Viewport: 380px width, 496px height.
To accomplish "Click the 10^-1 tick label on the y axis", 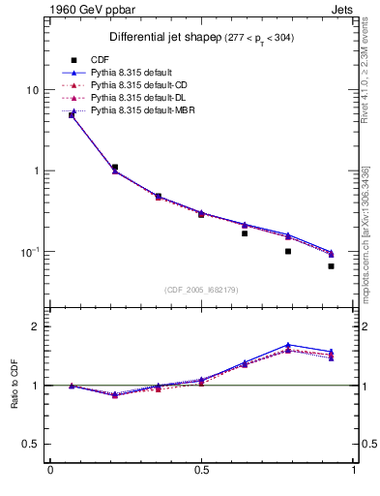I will (28, 252).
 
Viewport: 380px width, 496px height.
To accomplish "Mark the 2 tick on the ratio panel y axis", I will (35, 326).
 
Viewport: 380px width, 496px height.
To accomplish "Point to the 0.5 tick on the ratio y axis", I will (31, 444).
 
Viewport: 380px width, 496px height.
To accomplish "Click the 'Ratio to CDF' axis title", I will (15, 386).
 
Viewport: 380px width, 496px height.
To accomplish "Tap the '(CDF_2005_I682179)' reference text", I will (203, 289).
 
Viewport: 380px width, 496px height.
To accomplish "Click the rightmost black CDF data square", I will (331, 265).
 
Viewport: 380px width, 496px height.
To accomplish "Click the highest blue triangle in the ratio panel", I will (288, 345).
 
